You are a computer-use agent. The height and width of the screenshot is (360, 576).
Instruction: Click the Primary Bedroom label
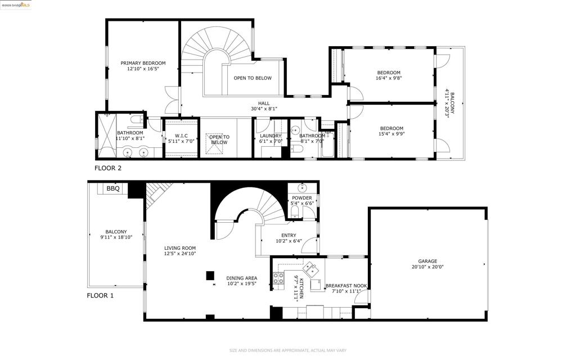click(143, 63)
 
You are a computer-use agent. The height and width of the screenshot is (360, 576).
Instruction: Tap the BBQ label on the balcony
click(113, 188)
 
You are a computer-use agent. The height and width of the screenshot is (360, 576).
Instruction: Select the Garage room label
click(427, 261)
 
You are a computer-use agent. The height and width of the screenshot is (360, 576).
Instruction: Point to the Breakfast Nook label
click(346, 286)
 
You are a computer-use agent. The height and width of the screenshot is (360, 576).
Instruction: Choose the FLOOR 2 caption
click(107, 168)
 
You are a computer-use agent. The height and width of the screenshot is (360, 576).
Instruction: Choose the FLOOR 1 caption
click(100, 295)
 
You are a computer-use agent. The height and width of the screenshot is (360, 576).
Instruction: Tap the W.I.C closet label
click(181, 136)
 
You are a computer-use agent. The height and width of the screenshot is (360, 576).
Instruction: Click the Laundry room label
click(271, 136)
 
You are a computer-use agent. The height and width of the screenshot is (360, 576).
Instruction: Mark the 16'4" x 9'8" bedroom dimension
click(389, 79)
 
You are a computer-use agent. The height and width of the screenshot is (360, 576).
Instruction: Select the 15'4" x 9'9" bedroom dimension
click(391, 134)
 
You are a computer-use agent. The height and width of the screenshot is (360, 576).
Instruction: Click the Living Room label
click(180, 248)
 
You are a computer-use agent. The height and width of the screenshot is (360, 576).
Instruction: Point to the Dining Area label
click(242, 278)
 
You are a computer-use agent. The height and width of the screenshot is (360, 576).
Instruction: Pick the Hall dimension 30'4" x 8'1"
click(264, 109)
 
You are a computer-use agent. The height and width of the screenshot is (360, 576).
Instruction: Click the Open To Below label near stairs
click(253, 78)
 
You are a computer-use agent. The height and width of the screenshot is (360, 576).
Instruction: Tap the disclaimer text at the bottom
click(287, 350)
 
